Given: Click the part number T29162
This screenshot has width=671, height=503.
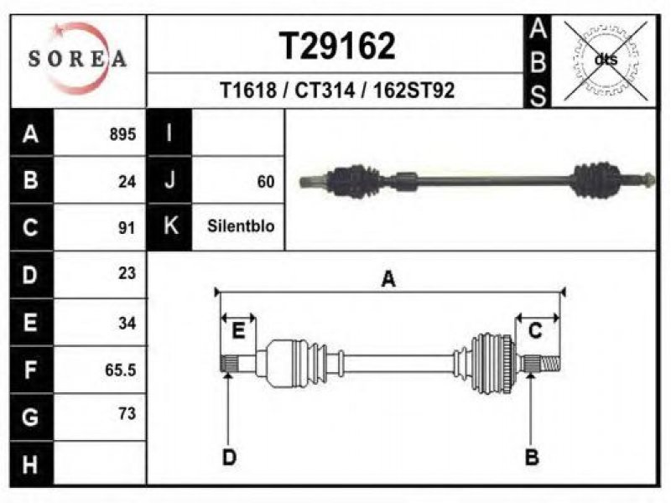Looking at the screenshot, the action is (x=337, y=46).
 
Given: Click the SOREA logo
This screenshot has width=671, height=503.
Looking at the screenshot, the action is (x=78, y=59).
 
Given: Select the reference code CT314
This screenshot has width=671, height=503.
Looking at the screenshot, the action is (x=325, y=91).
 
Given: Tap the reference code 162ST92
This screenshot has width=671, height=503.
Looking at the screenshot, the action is (x=414, y=91).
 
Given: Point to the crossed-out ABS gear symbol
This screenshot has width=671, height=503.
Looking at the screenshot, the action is (x=606, y=60).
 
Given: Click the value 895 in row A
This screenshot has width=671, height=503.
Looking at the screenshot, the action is (x=122, y=134).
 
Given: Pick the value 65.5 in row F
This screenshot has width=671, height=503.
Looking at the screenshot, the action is (x=121, y=370).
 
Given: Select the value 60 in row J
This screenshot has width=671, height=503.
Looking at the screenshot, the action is (x=266, y=182).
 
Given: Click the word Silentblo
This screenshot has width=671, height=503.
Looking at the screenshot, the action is (x=241, y=226).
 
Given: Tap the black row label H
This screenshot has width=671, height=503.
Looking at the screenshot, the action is (x=31, y=464).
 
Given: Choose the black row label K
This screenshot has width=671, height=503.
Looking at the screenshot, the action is (x=170, y=226).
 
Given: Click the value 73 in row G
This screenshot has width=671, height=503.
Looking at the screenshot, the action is (x=127, y=413).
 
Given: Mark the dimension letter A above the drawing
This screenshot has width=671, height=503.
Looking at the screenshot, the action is (x=388, y=279).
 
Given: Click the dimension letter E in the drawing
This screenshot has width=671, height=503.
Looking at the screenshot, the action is (x=238, y=331).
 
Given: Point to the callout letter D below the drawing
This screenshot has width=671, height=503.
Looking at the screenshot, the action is (x=229, y=458).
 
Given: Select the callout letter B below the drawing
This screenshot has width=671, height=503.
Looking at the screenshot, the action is (x=532, y=457).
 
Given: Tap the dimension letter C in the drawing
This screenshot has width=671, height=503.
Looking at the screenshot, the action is (x=535, y=331).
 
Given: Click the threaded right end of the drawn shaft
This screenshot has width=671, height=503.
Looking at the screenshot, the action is (x=551, y=364).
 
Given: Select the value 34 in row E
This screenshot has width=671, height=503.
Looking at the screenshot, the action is (x=127, y=323).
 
